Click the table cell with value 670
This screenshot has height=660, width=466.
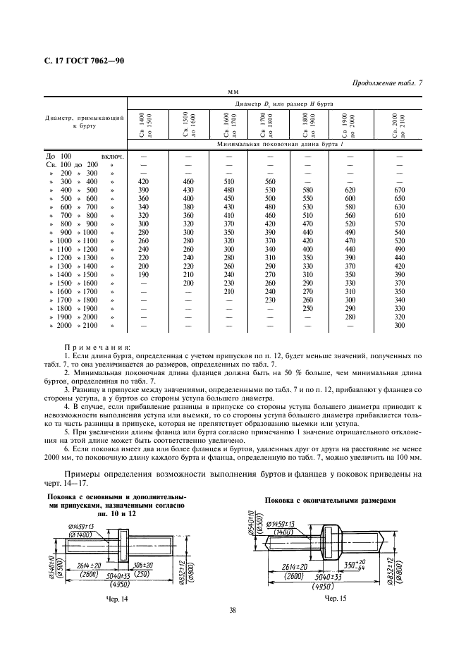coord(399,190)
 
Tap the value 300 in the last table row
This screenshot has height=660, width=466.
coord(399,326)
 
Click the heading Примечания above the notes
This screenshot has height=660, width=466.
coord(97,348)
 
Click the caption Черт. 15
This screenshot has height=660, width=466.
coord(334,598)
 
